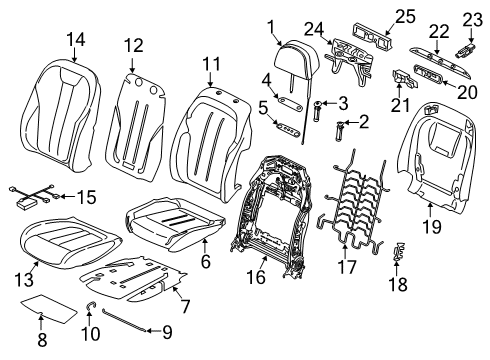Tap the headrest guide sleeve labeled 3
pyautogui.click(x=321, y=104)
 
